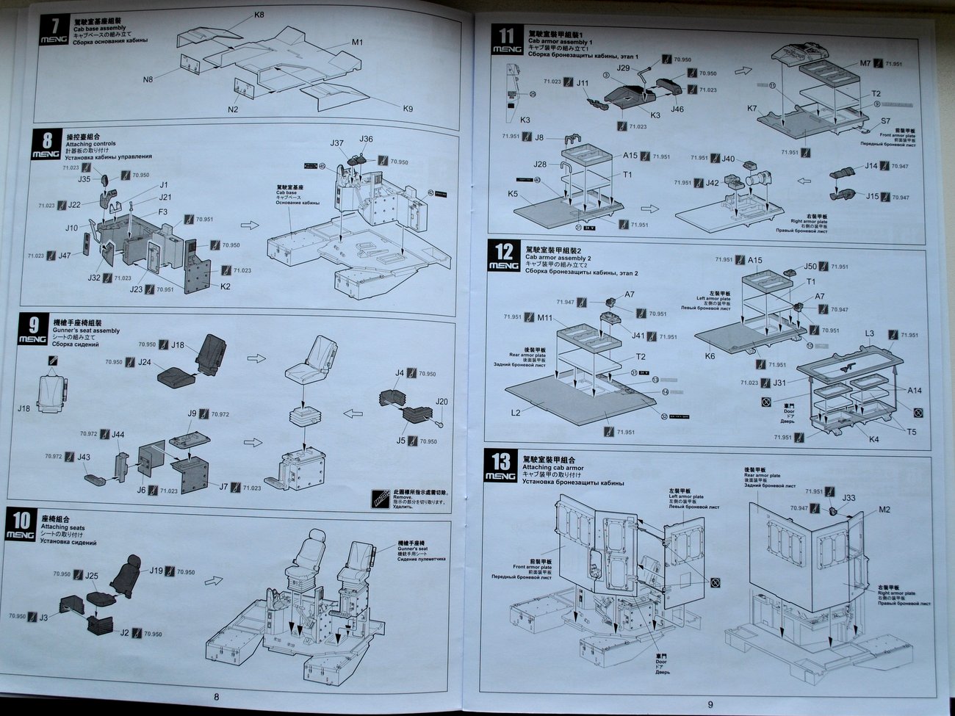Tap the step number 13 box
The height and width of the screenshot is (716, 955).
pyautogui.click(x=500, y=466)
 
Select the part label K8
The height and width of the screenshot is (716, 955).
pyautogui.click(x=259, y=15)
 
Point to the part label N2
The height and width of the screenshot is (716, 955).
pyautogui.click(x=233, y=109)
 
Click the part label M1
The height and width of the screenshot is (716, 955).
pyautogui.click(x=357, y=43)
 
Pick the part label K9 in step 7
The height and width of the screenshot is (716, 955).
pyautogui.click(x=408, y=109)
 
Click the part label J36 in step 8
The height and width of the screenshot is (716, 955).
pyautogui.click(x=366, y=140)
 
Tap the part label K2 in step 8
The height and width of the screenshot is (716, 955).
pyautogui.click(x=226, y=286)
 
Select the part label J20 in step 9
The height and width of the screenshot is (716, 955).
pyautogui.click(x=442, y=402)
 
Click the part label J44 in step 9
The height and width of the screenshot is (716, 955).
pyautogui.click(x=118, y=435)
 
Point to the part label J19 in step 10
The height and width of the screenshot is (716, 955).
pyautogui.click(x=156, y=571)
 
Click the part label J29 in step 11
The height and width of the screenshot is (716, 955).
pyautogui.click(x=624, y=68)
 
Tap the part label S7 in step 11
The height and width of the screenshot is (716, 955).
pyautogui.click(x=885, y=121)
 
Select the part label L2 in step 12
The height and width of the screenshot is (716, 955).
pyautogui.click(x=516, y=413)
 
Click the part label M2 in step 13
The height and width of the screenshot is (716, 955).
pyautogui.click(x=884, y=510)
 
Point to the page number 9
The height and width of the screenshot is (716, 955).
pyautogui.click(x=710, y=705)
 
